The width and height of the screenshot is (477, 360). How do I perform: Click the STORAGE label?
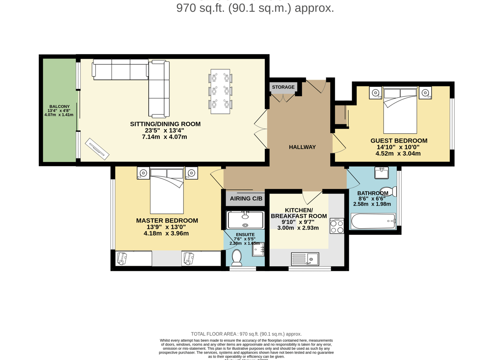[283, 87]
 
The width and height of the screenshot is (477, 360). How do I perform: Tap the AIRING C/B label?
[246, 198]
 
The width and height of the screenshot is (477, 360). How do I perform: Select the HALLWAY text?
[302, 147]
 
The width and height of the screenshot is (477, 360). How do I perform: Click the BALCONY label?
[59, 106]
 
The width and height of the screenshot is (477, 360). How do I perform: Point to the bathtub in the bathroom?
[373, 221]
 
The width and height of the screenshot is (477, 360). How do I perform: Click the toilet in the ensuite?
[236, 256]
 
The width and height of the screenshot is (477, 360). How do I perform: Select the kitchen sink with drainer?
[305, 259]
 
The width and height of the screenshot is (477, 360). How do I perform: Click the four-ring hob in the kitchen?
[337, 226]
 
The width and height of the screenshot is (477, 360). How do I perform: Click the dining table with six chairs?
[220, 91]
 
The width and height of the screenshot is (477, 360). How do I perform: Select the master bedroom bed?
[167, 191]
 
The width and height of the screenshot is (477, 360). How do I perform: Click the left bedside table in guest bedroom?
[376, 93]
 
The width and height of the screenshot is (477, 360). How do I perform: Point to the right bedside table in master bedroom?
[191, 173]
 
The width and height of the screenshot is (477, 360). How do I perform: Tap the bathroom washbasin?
[381, 173]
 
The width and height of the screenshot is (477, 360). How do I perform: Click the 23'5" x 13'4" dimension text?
[165, 131]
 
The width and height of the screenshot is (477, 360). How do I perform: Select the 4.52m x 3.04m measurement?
[398, 154]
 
